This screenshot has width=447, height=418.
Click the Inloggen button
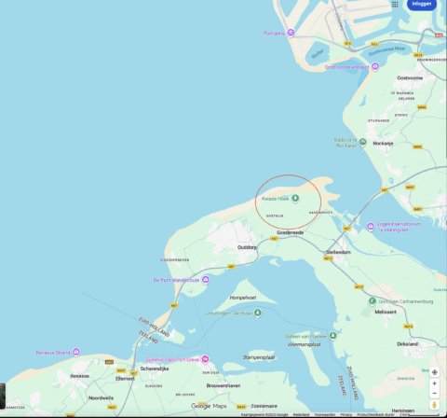(422, 5)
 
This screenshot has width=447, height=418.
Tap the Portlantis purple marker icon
(290, 33)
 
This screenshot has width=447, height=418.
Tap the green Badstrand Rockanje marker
(362, 141)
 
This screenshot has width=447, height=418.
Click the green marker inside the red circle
(296, 198)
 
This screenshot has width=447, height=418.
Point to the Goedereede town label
(291, 232)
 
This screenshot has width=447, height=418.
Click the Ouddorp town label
(247, 247)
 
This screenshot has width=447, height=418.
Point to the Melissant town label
(386, 312)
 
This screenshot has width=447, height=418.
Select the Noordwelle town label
(101, 397)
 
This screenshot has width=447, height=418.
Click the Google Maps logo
(209, 406)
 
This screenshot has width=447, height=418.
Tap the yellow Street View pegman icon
(435, 404)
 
